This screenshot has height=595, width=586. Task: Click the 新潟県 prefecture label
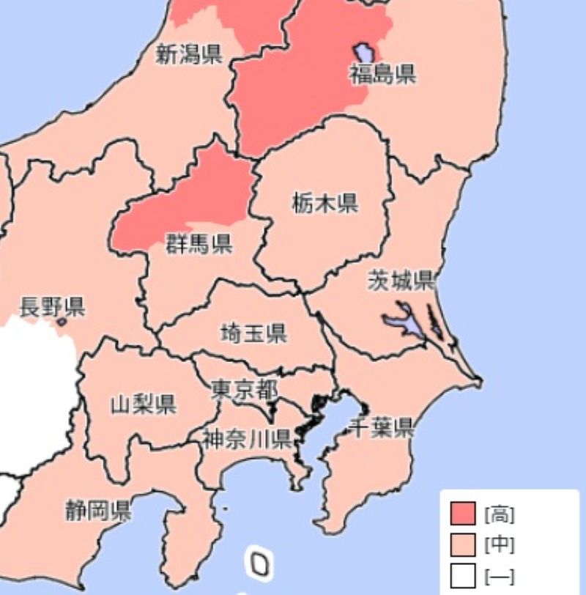tap(189, 53)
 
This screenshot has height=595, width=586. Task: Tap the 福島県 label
tap(382, 74)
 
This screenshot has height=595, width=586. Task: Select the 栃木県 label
tap(325, 203)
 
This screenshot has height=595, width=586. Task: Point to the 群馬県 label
tap(199, 243)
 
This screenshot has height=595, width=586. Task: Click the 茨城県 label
tap(401, 281)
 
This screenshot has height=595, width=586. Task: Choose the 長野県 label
tap(52, 306)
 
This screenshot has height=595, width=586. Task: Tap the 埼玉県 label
tap(253, 334)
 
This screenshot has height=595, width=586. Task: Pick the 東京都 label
tap(245, 389)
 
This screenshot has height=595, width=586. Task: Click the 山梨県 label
tap(143, 404)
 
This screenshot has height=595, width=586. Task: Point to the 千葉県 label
tap(382, 426)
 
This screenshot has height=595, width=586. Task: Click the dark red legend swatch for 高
tap(463, 514)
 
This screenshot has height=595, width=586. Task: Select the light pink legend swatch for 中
tap(463, 544)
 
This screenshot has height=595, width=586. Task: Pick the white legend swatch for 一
tap(463, 575)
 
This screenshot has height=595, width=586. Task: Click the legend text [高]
tap(499, 514)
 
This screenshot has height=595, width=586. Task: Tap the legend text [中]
tap(499, 544)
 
